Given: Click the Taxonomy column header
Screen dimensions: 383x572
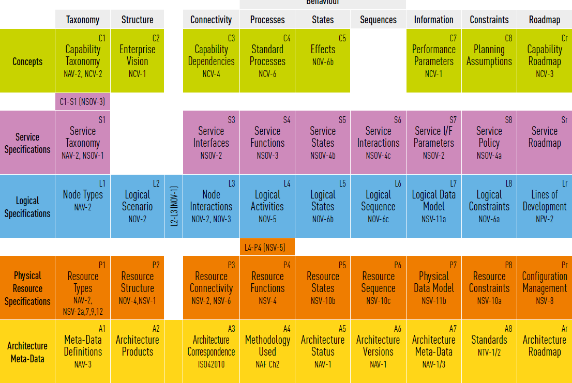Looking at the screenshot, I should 83,20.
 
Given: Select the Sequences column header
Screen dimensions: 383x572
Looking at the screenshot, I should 378,20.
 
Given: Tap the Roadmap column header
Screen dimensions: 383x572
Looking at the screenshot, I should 545,20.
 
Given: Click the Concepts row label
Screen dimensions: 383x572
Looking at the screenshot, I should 27,62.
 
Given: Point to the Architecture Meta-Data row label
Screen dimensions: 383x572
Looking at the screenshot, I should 27,352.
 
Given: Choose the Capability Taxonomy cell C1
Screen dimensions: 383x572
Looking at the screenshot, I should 83,60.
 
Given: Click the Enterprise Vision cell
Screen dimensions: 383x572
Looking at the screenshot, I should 137,60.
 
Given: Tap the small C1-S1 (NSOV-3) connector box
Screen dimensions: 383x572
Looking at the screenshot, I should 82,102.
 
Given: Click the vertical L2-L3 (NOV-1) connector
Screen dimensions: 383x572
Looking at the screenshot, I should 174,206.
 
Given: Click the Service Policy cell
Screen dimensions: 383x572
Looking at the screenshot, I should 489,142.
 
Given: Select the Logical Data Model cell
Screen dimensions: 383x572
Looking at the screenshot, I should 433,206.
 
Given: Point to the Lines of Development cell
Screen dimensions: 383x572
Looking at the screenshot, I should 544,206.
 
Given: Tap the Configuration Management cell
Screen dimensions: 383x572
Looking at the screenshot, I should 544,288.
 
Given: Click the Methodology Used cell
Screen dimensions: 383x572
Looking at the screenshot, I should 267,351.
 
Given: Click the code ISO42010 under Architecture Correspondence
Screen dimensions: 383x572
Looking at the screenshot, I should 211,364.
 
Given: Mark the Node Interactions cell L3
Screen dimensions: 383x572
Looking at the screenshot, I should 211,206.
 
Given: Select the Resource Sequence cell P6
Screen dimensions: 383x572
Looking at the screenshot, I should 378,288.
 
